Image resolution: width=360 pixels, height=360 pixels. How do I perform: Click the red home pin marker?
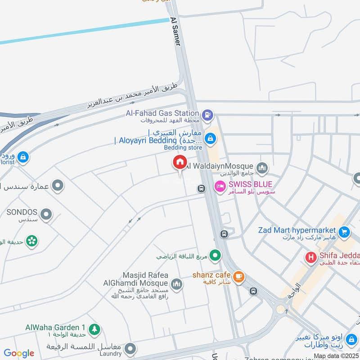click(x=180, y=162)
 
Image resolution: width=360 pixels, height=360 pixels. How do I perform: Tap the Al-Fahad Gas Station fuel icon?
click(x=207, y=114)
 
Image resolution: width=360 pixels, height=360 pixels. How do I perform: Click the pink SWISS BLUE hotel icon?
click(x=220, y=185)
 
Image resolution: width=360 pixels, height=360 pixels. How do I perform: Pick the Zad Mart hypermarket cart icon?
click(x=344, y=232)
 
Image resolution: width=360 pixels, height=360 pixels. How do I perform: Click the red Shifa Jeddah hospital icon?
click(x=310, y=257)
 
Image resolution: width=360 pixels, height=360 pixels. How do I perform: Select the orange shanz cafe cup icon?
click(x=239, y=277)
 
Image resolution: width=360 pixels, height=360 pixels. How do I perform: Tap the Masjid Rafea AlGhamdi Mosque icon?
click(x=176, y=284)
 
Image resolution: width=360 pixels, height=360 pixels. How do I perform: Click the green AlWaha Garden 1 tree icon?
click(x=94, y=329)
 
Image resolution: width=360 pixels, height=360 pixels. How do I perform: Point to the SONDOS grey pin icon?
click(x=46, y=215)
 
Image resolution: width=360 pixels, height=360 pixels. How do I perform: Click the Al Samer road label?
click(x=175, y=31)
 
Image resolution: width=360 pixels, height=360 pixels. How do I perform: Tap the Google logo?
click(x=19, y=353)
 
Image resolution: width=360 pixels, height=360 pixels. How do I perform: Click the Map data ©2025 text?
click(x=336, y=356)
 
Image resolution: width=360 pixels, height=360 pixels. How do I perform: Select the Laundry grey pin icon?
click(x=130, y=348)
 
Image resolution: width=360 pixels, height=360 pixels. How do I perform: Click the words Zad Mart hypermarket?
click(x=297, y=230)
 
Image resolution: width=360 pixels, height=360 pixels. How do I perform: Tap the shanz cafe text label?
click(x=211, y=275)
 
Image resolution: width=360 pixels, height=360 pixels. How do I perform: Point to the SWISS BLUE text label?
click(x=250, y=184)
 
